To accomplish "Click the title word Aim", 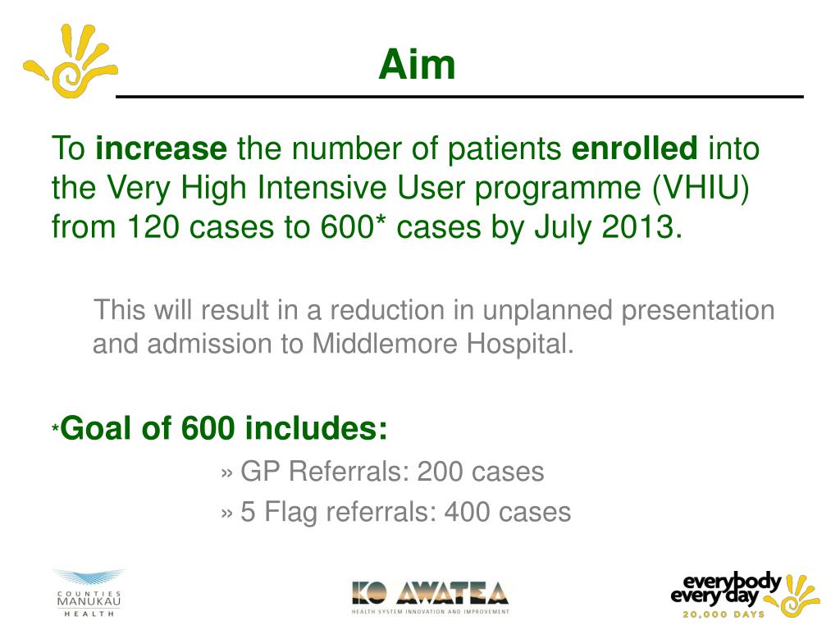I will coord(417,65).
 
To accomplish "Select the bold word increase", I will coord(161,149).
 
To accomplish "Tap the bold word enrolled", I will coord(634,149).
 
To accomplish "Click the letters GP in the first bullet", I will coord(258,472).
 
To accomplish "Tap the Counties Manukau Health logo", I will coord(89,595).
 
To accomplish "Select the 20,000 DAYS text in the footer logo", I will coord(723,614).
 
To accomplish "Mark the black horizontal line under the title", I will coord(459,97).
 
